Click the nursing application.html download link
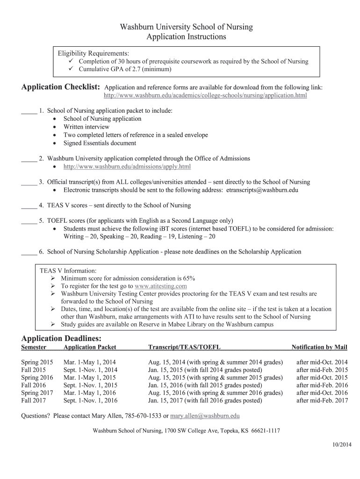click(x=205, y=95)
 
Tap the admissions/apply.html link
click(x=127, y=167)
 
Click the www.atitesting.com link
click(x=160, y=286)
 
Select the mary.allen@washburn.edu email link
click(x=205, y=415)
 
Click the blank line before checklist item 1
click(x=29, y=111)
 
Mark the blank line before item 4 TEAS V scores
click(x=29, y=205)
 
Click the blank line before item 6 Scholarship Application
click(x=29, y=252)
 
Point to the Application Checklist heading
click(x=61, y=87)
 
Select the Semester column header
click(x=34, y=347)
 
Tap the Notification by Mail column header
click(x=319, y=347)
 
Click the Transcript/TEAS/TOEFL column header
click(x=184, y=347)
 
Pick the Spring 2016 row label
click(x=37, y=377)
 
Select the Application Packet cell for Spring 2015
click(x=89, y=363)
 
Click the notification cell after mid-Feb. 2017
click(x=322, y=400)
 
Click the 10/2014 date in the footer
click(x=342, y=443)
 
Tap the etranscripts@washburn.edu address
click(x=262, y=190)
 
